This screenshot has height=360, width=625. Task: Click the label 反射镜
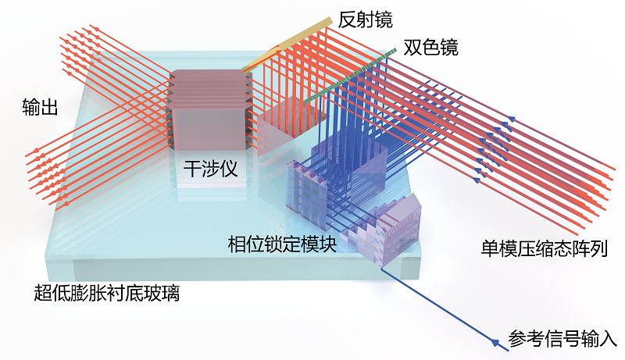(x=365, y=20)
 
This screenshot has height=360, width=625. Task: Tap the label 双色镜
(x=431, y=47)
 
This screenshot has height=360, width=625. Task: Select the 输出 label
(x=40, y=107)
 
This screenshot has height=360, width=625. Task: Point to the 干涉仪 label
(x=210, y=169)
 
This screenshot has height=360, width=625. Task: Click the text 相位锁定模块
(x=283, y=244)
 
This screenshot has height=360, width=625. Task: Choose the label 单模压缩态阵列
(x=545, y=248)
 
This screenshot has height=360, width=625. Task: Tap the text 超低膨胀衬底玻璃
(x=107, y=293)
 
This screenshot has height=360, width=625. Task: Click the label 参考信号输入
(x=562, y=339)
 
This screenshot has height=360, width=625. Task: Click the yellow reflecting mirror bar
(x=286, y=43)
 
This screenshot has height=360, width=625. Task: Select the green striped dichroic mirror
(x=350, y=76)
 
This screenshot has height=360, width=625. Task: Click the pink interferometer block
(x=210, y=109)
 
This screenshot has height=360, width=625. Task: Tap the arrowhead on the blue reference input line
(x=495, y=342)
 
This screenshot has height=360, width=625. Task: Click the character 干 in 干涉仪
(x=192, y=169)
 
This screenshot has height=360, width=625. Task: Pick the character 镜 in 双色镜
(x=449, y=47)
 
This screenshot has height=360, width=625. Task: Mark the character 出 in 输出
(x=49, y=107)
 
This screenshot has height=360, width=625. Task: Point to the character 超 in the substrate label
(x=43, y=293)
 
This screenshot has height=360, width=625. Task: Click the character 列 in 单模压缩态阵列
(x=599, y=248)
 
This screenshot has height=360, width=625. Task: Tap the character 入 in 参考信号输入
(x=609, y=339)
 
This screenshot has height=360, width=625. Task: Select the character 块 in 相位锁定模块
(x=328, y=244)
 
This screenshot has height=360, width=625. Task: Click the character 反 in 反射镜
(x=347, y=20)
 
